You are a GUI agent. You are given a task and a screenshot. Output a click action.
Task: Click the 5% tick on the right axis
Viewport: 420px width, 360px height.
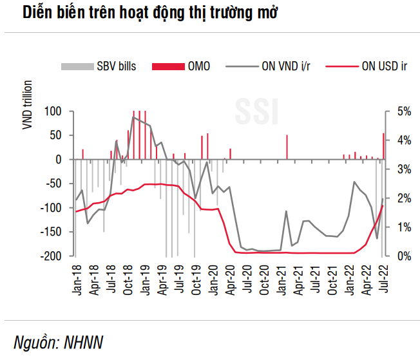[x=401, y=111]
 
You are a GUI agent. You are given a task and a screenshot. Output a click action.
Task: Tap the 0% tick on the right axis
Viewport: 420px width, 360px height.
[x=401, y=256]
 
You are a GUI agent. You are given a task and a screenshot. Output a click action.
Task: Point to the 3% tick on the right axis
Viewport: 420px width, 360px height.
[x=401, y=169]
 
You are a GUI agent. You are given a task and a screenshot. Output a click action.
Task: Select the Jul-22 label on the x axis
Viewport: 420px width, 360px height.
[x=383, y=279]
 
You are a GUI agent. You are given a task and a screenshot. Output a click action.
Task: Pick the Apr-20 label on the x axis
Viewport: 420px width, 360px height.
[x=231, y=279]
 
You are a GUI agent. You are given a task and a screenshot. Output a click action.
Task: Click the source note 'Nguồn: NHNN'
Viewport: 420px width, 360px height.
[x=59, y=341]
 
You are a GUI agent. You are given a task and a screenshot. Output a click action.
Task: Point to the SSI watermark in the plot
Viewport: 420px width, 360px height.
[x=256, y=111]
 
